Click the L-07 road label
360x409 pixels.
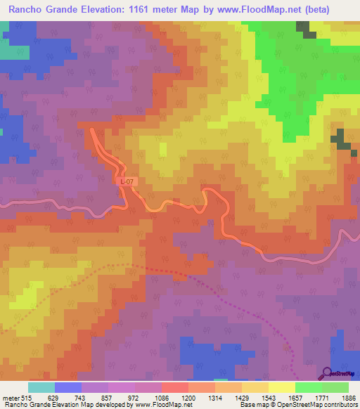pyautogui.click(x=126, y=181)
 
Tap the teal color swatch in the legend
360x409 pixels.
pyautogui.click(x=41, y=387)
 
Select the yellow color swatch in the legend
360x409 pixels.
pyautogui.click(x=281, y=387)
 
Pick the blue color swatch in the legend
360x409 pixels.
pyautogui.click(x=68, y=387)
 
